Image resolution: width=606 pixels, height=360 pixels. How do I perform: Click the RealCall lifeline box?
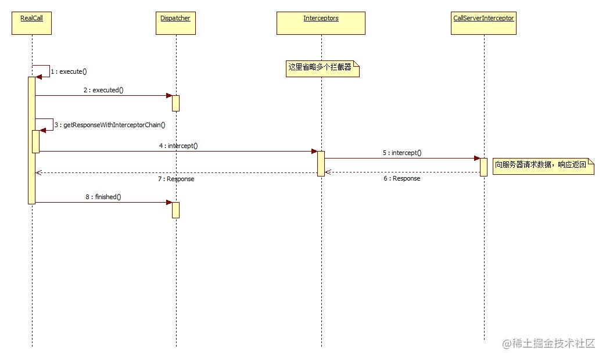pos(31,23)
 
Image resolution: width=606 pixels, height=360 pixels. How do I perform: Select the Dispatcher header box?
pos(175,23)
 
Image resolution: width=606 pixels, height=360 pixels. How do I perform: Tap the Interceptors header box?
pos(321,23)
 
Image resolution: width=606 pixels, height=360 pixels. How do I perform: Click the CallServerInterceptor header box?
pos(483,23)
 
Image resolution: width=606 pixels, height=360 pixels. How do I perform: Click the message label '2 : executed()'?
pos(103,90)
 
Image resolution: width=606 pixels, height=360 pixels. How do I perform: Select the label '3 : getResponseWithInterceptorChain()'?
pos(110,125)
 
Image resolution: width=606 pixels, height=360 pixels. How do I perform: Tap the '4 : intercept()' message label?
pos(178,146)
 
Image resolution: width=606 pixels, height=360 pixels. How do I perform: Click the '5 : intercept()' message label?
pos(402,153)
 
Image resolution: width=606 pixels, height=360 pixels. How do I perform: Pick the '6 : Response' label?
pos(401,179)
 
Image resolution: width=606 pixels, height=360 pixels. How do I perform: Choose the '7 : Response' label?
pos(176,179)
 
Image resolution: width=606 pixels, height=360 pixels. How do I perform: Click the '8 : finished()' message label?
pos(103,197)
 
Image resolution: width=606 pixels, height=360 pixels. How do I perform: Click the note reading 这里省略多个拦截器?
pos(322,68)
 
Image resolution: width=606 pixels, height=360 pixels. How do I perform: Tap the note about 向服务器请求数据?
pos(543,165)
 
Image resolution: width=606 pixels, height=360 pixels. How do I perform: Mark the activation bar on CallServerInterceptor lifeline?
pos(483,166)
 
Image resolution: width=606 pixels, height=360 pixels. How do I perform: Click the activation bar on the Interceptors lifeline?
pos(321,163)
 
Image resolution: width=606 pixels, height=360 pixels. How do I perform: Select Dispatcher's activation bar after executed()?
pos(175,103)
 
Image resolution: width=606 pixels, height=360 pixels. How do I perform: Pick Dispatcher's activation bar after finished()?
pos(175,210)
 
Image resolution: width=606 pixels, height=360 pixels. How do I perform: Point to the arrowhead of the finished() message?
pos(169,202)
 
